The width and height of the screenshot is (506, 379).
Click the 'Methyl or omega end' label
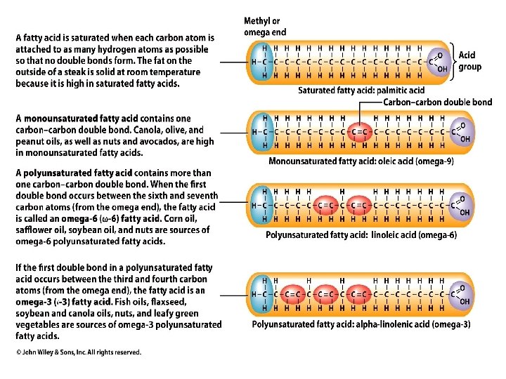(x=264, y=27)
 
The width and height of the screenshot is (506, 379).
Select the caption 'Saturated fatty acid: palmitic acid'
(x=361, y=91)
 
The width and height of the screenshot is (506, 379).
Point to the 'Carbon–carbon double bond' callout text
(x=437, y=102)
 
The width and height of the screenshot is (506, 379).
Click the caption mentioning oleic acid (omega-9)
(x=361, y=161)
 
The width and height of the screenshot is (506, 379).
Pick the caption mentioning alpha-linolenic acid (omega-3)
(x=361, y=324)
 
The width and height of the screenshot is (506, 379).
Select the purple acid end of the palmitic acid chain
(x=438, y=62)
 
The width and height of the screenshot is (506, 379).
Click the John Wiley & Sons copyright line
(x=79, y=352)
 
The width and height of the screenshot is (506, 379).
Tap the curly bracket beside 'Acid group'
(x=452, y=60)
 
